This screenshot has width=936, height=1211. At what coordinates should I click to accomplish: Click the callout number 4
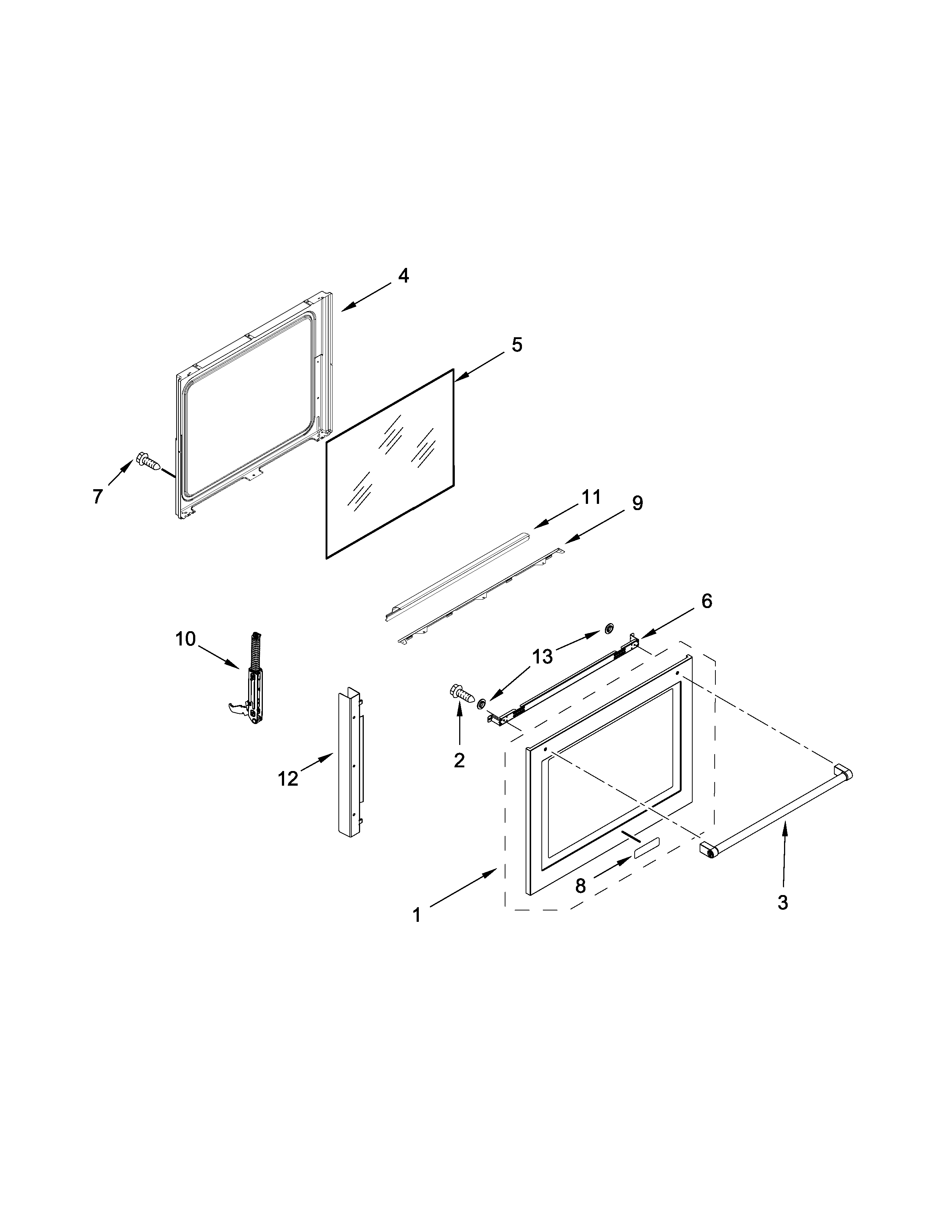click(x=404, y=276)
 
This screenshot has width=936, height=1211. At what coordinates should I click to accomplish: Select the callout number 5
click(x=516, y=345)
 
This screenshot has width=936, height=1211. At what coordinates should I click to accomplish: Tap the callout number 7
click(x=98, y=496)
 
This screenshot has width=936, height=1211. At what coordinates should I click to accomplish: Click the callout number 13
click(x=542, y=657)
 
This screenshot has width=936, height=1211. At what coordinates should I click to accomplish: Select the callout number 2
click(x=459, y=761)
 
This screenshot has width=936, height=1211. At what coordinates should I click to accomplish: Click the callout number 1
click(x=417, y=914)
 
